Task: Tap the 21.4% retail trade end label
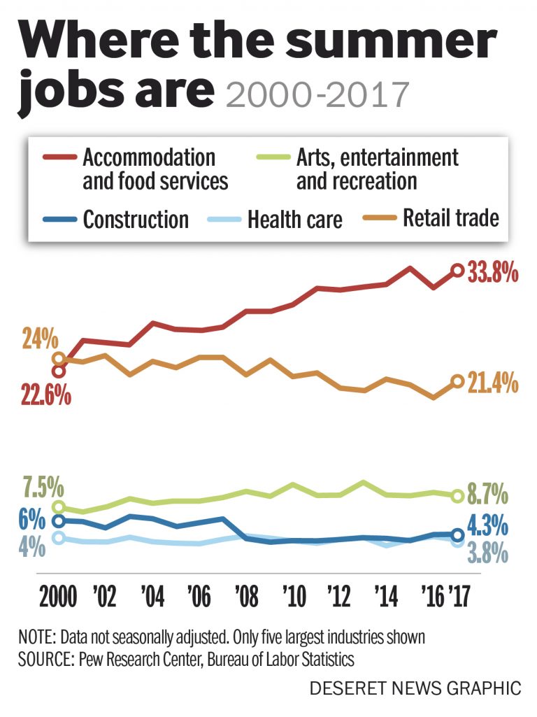[494, 383]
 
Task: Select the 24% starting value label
[39, 339]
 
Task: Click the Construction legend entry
[136, 220]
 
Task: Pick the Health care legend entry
[294, 220]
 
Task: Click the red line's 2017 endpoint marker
[457, 270]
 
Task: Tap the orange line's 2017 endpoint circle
[457, 381]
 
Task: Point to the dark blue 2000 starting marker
[59, 520]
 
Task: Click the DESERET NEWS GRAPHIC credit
[416, 688]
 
